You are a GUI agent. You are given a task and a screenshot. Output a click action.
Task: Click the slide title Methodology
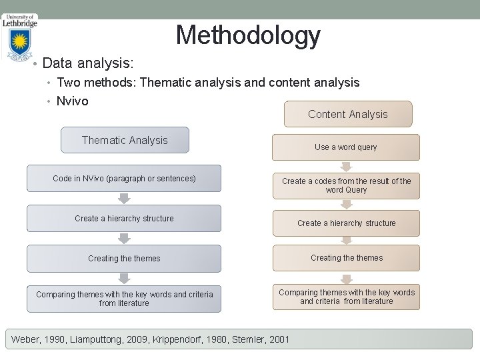pyautogui.click(x=248, y=35)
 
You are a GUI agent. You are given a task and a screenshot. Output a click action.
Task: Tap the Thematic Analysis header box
pyautogui.click(x=125, y=140)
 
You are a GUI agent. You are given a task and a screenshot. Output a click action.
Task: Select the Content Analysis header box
pyautogui.click(x=347, y=114)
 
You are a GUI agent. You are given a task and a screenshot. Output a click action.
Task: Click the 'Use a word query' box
pyautogui.click(x=345, y=147)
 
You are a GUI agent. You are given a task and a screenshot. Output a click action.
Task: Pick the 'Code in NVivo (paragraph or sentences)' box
pyautogui.click(x=124, y=179)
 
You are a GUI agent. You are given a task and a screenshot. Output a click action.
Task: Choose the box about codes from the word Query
pyautogui.click(x=346, y=185)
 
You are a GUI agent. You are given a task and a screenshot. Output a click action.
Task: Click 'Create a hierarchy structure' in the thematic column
pyautogui.click(x=124, y=219)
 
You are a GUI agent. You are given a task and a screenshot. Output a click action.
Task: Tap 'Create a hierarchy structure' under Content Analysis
pyautogui.click(x=346, y=223)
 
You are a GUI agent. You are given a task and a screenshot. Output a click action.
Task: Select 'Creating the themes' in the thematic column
pyautogui.click(x=124, y=259)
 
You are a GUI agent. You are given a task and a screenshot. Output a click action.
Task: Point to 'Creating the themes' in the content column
pyautogui.click(x=346, y=258)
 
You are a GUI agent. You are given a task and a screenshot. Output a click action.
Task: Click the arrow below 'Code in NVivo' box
pyautogui.click(x=124, y=198)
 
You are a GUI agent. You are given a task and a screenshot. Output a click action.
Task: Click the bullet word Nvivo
pyautogui.click(x=73, y=101)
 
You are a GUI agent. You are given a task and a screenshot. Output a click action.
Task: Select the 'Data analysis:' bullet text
pyautogui.click(x=88, y=63)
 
